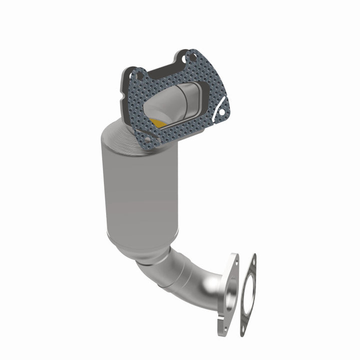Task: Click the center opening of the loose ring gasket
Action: click(248, 295)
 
